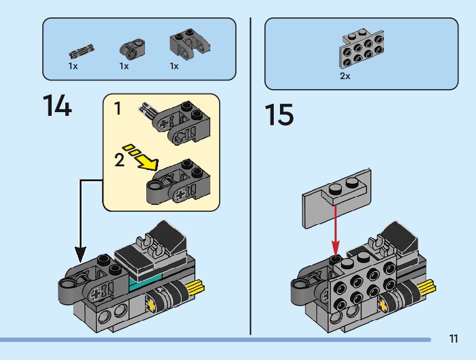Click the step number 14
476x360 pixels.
57,107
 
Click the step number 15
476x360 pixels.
279,115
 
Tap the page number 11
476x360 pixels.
453,339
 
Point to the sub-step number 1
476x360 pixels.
117,109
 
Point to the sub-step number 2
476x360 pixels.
119,160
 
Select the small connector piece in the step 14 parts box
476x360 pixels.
131,49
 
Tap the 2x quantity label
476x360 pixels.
345,76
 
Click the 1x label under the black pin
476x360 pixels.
73,65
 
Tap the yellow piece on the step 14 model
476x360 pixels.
197,288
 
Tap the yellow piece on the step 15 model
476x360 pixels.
427,288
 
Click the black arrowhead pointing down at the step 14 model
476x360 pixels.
80,254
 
